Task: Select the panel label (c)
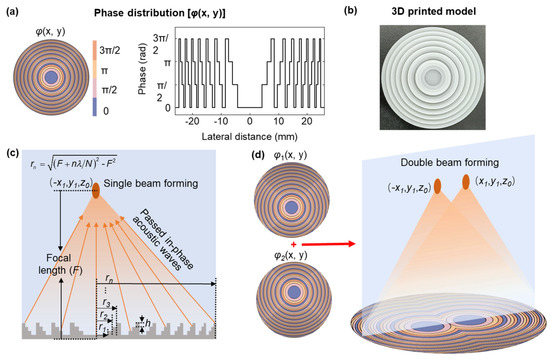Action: click(x=13, y=152)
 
